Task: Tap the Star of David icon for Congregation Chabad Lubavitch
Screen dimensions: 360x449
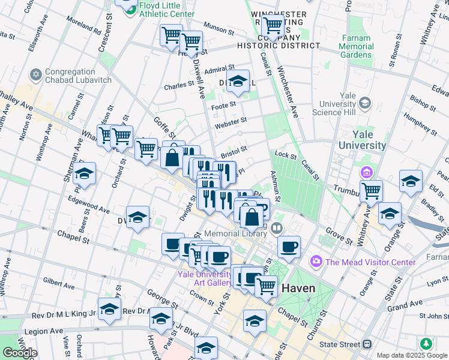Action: [35, 76]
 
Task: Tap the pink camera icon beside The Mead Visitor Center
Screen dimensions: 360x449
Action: [316, 262]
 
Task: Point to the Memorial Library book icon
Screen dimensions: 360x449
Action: [276, 227]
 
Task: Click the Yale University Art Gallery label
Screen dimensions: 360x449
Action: [204, 278]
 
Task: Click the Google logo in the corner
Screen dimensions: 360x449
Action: [20, 353]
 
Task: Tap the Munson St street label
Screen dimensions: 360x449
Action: [218, 28]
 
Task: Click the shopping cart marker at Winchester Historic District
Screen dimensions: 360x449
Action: [273, 25]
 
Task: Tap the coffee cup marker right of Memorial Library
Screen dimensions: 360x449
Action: [289, 246]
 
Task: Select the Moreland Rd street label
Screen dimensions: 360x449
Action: [84, 27]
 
